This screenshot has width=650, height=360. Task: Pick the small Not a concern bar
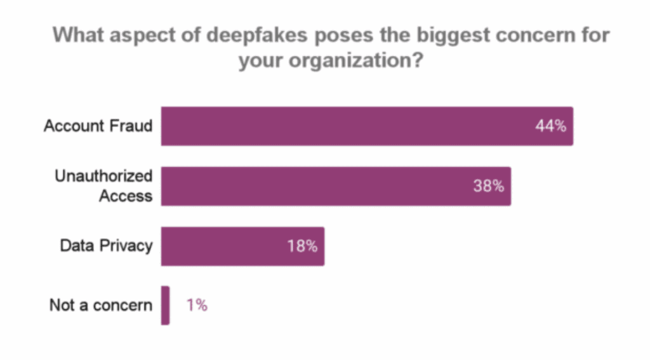[165, 305]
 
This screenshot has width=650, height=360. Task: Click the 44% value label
[550, 126]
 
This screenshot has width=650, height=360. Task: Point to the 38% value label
[488, 186]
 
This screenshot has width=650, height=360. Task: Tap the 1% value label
[197, 305]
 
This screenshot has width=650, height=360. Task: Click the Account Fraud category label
[98, 126]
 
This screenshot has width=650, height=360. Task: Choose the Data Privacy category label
[106, 246]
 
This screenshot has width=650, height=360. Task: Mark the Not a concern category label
[101, 305]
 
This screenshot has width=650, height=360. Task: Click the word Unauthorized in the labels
[103, 177]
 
